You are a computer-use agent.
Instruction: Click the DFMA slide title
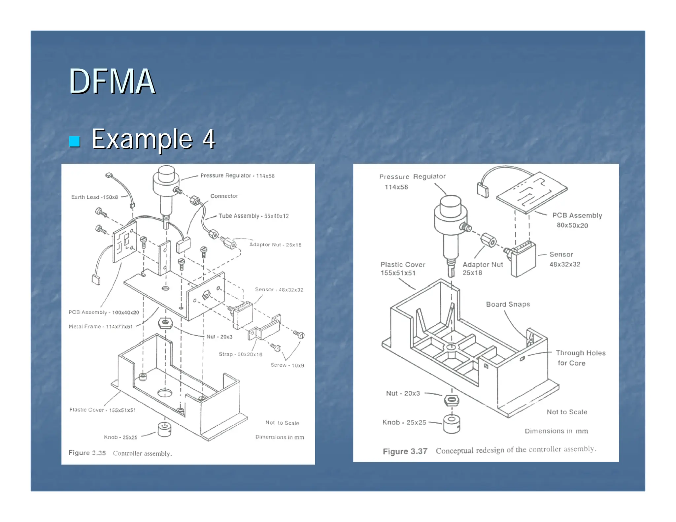click(112, 81)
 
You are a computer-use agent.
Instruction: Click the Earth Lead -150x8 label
click(94, 197)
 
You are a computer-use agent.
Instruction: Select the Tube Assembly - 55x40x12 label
click(253, 216)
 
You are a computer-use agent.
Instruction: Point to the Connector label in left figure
click(224, 196)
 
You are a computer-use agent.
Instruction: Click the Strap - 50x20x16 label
click(240, 354)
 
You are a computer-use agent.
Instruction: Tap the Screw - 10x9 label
click(287, 365)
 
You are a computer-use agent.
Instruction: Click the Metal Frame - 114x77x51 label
click(101, 326)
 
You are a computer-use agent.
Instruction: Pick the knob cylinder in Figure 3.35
click(164, 429)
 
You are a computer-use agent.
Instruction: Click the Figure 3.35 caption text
click(120, 453)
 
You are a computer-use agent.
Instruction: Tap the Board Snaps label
click(508, 304)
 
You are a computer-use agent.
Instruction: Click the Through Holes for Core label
click(580, 358)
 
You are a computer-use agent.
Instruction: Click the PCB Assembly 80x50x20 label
click(577, 220)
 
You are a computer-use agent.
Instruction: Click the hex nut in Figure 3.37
click(452, 401)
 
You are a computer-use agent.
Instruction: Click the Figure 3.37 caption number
click(405, 451)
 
